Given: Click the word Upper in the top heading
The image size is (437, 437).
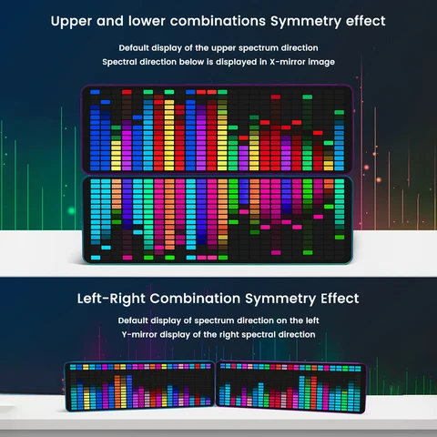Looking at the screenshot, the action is [x=71, y=22].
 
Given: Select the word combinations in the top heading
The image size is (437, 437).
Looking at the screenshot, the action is [x=218, y=21].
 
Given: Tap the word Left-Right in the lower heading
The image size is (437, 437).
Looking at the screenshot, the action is [x=111, y=299].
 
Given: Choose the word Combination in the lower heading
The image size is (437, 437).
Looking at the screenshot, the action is [x=195, y=299].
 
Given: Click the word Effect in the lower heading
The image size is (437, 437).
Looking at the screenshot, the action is [x=340, y=299].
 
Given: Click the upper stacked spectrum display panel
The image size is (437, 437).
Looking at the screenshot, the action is [x=217, y=130].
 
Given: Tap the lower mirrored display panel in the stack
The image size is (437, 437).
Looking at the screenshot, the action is [x=218, y=219].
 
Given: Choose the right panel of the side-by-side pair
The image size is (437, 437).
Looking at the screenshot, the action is [x=290, y=387].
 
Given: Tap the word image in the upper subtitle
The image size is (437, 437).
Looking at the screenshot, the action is [x=321, y=62].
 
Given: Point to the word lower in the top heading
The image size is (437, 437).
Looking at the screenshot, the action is [x=147, y=21].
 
